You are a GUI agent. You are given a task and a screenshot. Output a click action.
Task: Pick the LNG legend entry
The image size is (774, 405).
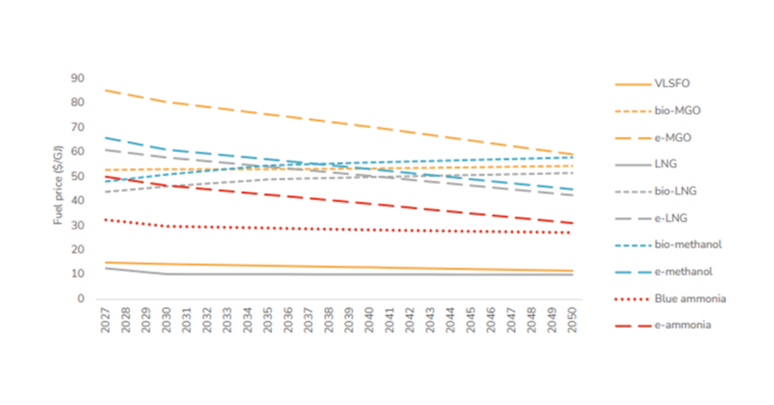tap(665, 164)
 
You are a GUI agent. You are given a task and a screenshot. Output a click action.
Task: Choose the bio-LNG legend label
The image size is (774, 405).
tap(675, 191)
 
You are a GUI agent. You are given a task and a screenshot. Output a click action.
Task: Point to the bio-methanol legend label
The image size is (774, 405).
tap(688, 244)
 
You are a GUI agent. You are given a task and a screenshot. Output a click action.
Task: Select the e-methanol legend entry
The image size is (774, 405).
tap(683, 271)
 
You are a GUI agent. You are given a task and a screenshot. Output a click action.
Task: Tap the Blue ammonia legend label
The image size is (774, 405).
tap(690, 298)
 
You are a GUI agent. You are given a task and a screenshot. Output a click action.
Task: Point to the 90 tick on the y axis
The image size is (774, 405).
tap(77, 78)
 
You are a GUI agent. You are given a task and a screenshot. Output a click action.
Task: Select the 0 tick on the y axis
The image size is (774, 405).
tap(81, 299)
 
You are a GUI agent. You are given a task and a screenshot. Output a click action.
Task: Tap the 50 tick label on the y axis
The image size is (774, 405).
tap(77, 176)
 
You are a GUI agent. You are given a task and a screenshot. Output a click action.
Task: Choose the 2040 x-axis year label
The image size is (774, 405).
tap(370, 320)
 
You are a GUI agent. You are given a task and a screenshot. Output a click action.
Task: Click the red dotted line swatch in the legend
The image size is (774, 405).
tap(630, 298)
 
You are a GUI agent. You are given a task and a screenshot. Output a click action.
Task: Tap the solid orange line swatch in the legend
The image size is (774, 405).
tap(630, 84)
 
